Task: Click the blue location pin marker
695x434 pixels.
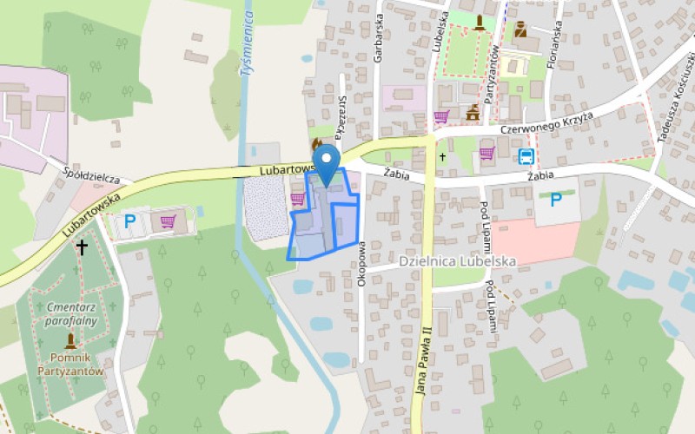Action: coord(326,163)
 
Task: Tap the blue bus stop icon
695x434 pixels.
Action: coord(526,156)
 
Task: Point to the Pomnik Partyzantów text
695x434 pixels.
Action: coord(71,365)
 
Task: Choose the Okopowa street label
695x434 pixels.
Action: coord(361,234)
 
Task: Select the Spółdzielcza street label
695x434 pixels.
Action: coord(91,175)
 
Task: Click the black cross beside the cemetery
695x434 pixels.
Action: coord(82,247)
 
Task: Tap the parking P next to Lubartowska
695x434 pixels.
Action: coord(129,222)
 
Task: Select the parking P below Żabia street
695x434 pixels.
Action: coord(555,200)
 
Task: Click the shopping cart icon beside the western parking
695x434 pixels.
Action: coord(169,222)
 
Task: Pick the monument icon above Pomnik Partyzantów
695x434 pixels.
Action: coord(70,341)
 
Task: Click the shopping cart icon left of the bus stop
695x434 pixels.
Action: coord(486,154)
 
